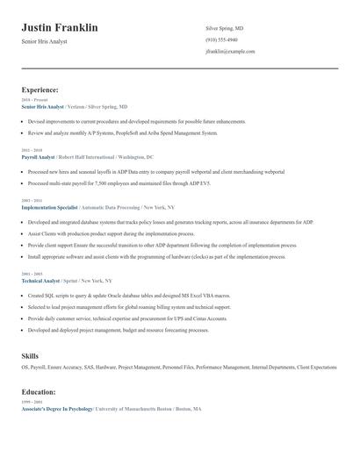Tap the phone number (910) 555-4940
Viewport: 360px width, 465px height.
221,39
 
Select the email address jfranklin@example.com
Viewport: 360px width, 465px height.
230,51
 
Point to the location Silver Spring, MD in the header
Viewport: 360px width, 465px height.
224,28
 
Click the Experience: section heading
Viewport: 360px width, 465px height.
40,89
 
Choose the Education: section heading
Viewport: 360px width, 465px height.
39,392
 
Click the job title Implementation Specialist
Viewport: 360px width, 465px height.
49,207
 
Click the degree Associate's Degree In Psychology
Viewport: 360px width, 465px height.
56,409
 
